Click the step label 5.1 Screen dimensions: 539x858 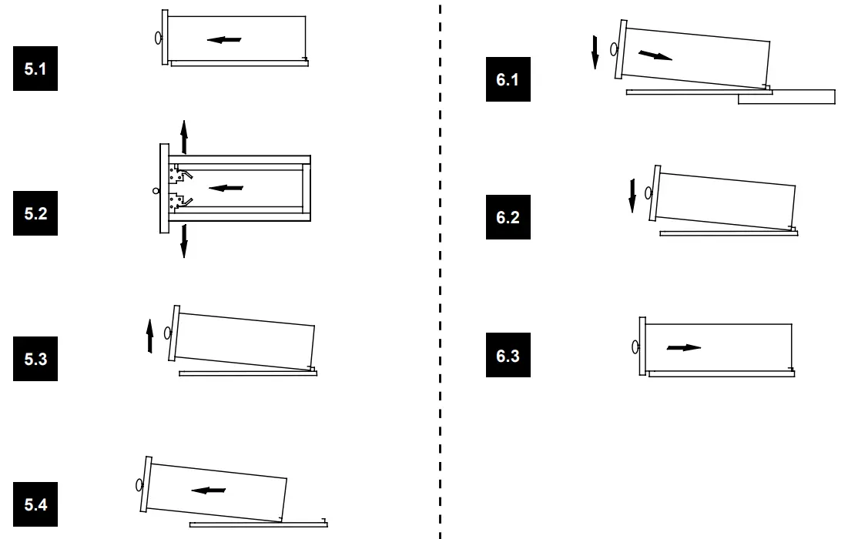point(35,69)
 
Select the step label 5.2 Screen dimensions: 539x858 point(35,213)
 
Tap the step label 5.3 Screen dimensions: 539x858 point(35,359)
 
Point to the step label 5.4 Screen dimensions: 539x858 point(35,504)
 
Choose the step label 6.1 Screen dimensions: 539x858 point(508,79)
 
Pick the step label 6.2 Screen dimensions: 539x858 point(508,217)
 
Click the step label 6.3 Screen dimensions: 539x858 point(508,356)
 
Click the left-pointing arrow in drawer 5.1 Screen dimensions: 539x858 point(224,39)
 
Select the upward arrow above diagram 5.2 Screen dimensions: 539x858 point(183,136)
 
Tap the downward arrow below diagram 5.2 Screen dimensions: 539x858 point(183,240)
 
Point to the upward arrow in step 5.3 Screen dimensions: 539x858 point(150,337)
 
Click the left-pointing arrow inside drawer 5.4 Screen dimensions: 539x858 point(209,490)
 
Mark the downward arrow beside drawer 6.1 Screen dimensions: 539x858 point(595,52)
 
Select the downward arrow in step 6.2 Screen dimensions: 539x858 point(632,195)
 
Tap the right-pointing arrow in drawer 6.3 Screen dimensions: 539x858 point(684,347)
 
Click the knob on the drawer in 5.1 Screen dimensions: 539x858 point(158,37)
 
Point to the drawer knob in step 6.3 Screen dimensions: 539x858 point(635,346)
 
